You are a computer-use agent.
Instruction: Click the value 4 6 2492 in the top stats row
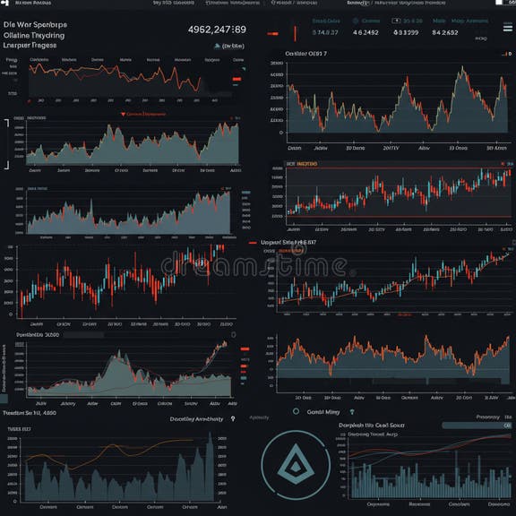click(365, 33)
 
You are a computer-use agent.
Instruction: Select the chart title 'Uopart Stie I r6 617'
click(288, 242)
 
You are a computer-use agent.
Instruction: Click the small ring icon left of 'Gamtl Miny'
click(296, 411)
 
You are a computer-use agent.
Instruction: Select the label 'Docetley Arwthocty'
click(196, 418)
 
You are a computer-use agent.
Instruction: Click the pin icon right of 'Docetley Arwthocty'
click(232, 418)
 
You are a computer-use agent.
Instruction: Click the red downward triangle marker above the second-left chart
click(123, 115)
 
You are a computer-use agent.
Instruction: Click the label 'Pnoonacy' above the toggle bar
click(488, 417)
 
